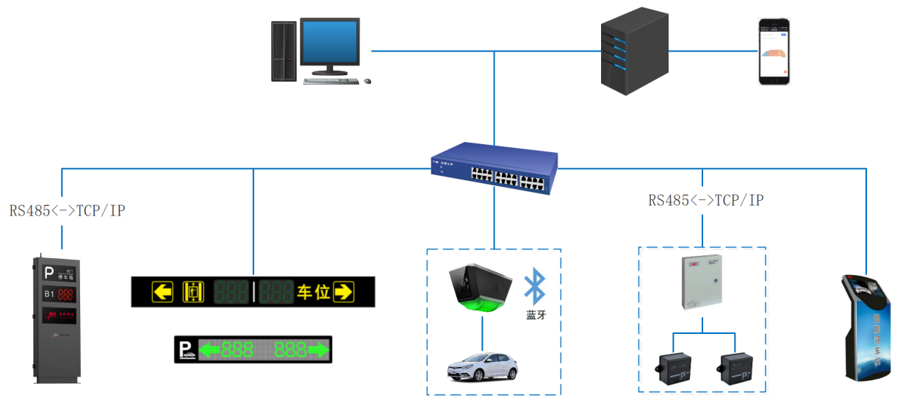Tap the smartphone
(x=774, y=51)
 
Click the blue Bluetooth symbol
(x=535, y=288)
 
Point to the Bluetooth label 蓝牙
(x=535, y=315)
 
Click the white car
(x=482, y=366)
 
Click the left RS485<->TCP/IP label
(x=67, y=211)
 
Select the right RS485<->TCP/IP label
(x=706, y=200)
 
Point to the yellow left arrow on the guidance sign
(x=162, y=291)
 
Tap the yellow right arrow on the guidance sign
(x=343, y=291)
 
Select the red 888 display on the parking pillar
(x=65, y=295)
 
